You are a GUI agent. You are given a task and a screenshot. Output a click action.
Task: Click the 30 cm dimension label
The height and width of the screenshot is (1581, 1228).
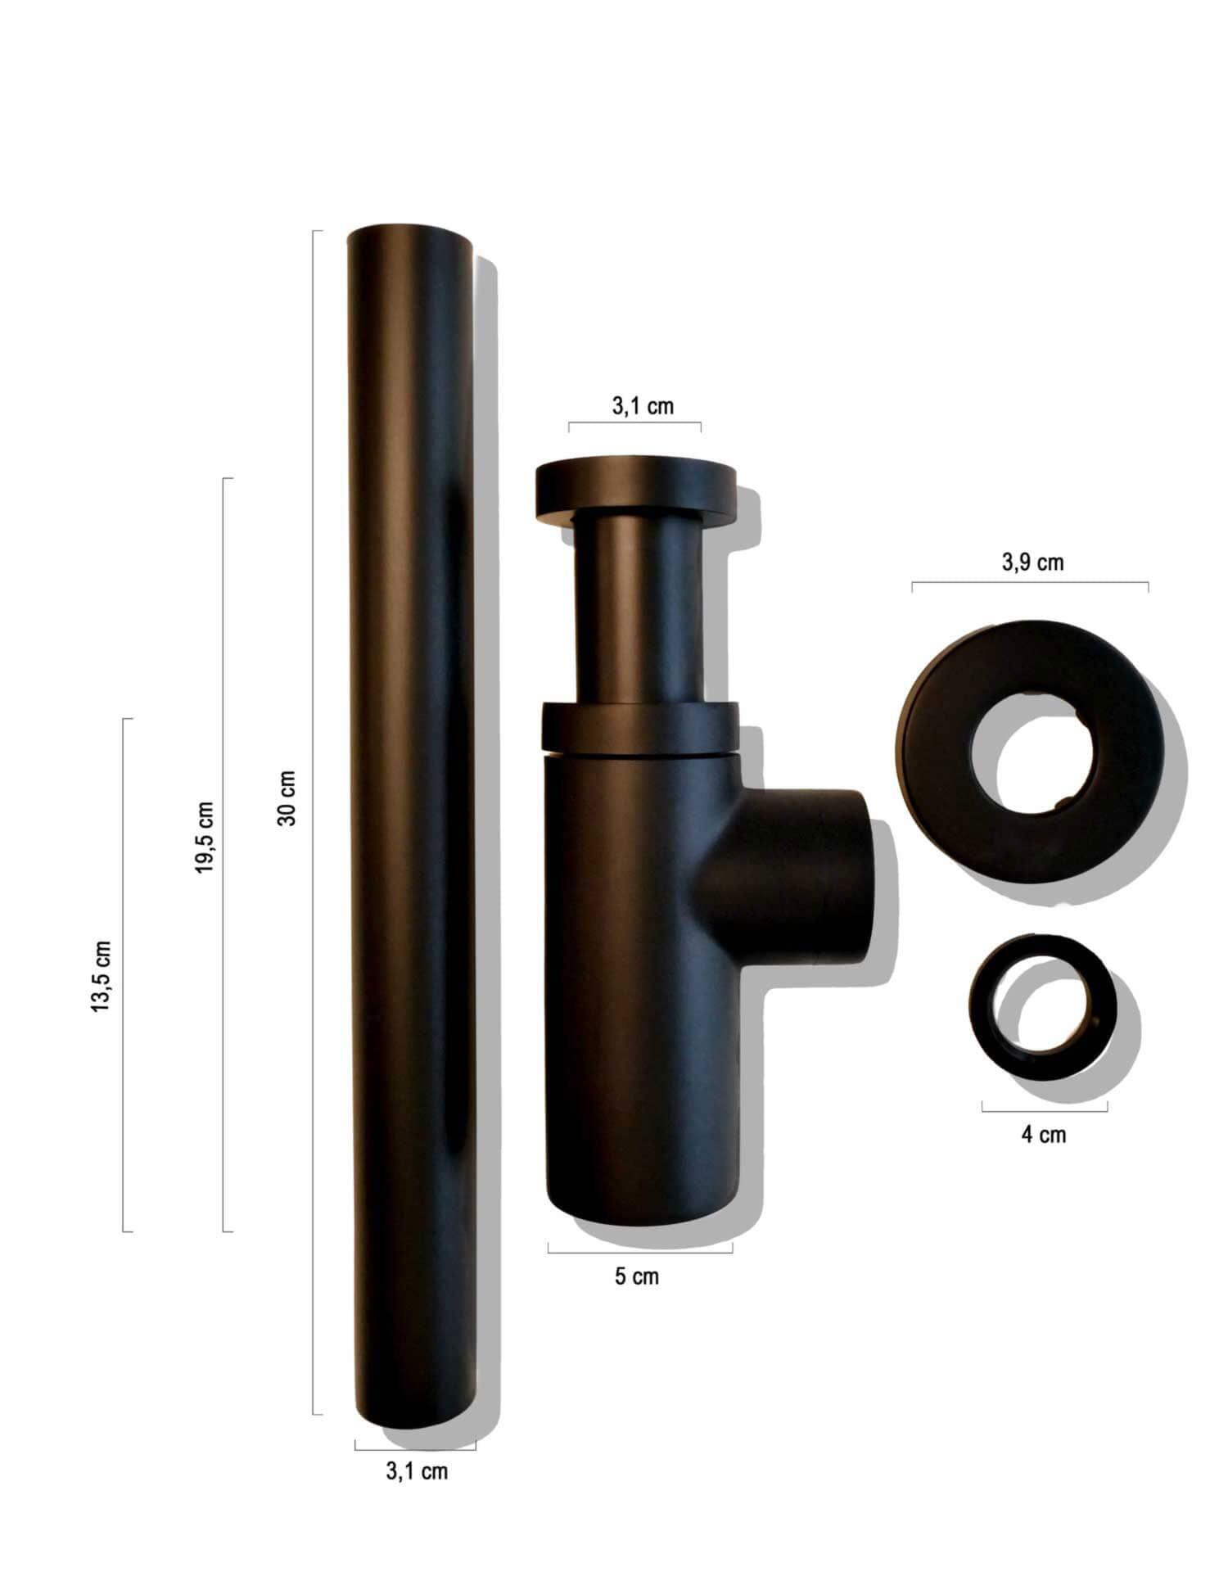[x=287, y=797]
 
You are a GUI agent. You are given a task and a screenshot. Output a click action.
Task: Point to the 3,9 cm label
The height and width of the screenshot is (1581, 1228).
[x=1032, y=562]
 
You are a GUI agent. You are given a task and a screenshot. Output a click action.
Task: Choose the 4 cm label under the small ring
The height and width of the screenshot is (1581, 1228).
[x=1044, y=1134]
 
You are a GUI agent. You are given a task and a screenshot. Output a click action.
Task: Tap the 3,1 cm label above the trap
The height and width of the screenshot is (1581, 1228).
[x=643, y=406]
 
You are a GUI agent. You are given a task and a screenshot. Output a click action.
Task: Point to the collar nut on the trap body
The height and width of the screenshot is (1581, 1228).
[x=640, y=726]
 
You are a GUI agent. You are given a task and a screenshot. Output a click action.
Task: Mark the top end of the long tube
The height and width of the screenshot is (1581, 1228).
[x=410, y=237]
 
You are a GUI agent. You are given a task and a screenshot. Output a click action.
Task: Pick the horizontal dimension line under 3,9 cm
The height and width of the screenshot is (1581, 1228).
[x=1030, y=583]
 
